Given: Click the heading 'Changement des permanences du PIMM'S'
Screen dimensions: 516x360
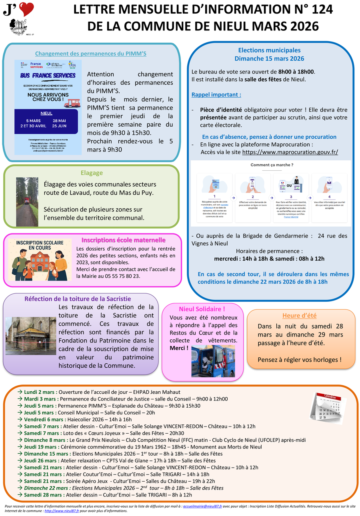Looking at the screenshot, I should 91,53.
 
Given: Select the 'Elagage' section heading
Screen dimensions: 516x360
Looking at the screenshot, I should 92,173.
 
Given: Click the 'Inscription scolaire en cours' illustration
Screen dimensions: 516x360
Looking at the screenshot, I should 40,260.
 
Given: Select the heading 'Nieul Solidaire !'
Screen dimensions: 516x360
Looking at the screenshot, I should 202,309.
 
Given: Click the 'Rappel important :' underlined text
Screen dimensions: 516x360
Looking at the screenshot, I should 216,95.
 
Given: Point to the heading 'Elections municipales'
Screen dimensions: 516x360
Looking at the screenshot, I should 269,50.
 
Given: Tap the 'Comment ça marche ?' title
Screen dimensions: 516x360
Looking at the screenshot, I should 272,165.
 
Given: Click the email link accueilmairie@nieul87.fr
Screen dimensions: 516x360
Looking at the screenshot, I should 202,506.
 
